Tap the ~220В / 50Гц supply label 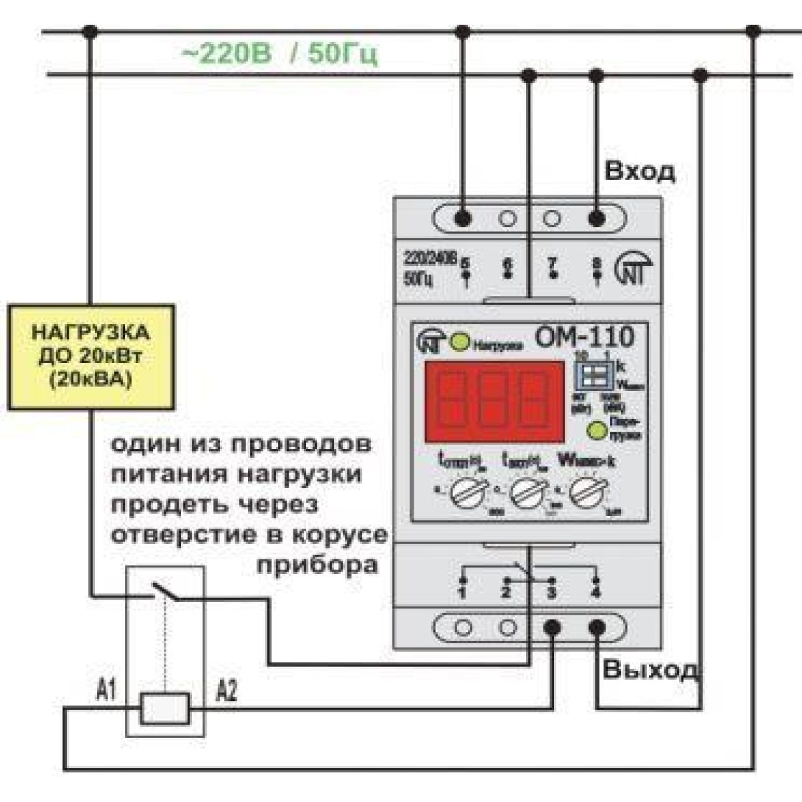279,54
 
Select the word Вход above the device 640,172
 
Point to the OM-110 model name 583,336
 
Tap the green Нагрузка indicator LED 459,343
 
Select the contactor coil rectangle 164,708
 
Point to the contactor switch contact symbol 165,593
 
